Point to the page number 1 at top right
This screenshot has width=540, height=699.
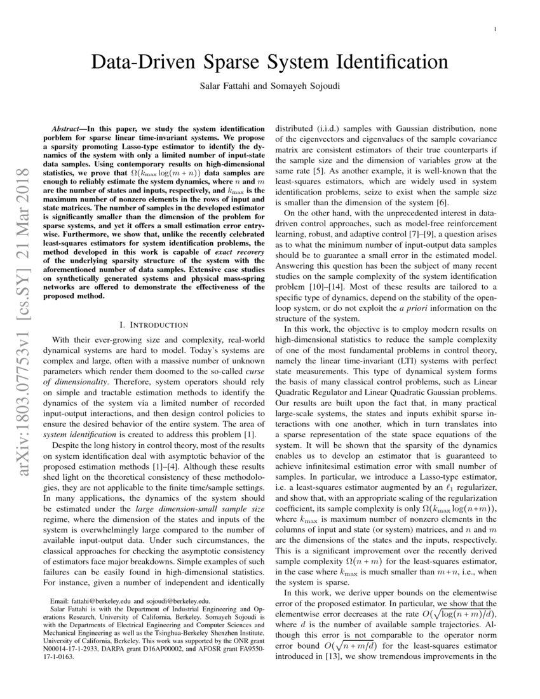point(494,29)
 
